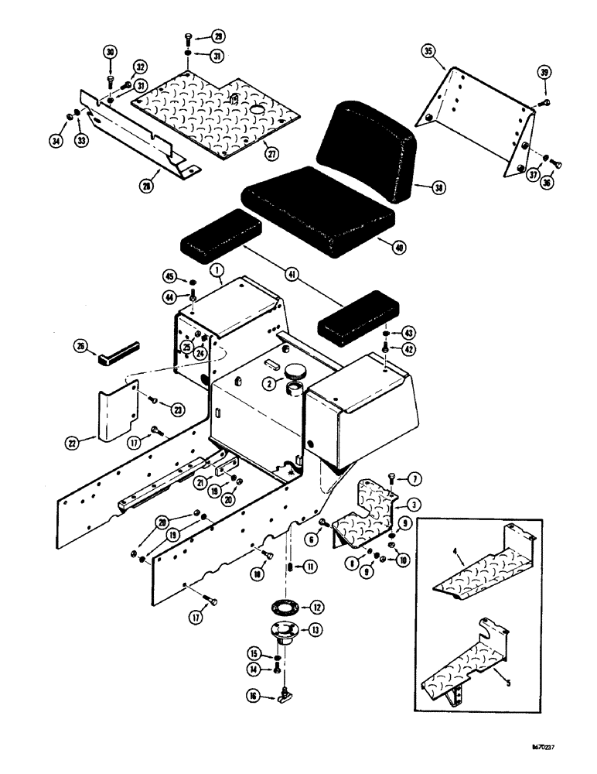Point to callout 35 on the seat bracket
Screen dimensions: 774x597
[x=431, y=52]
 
